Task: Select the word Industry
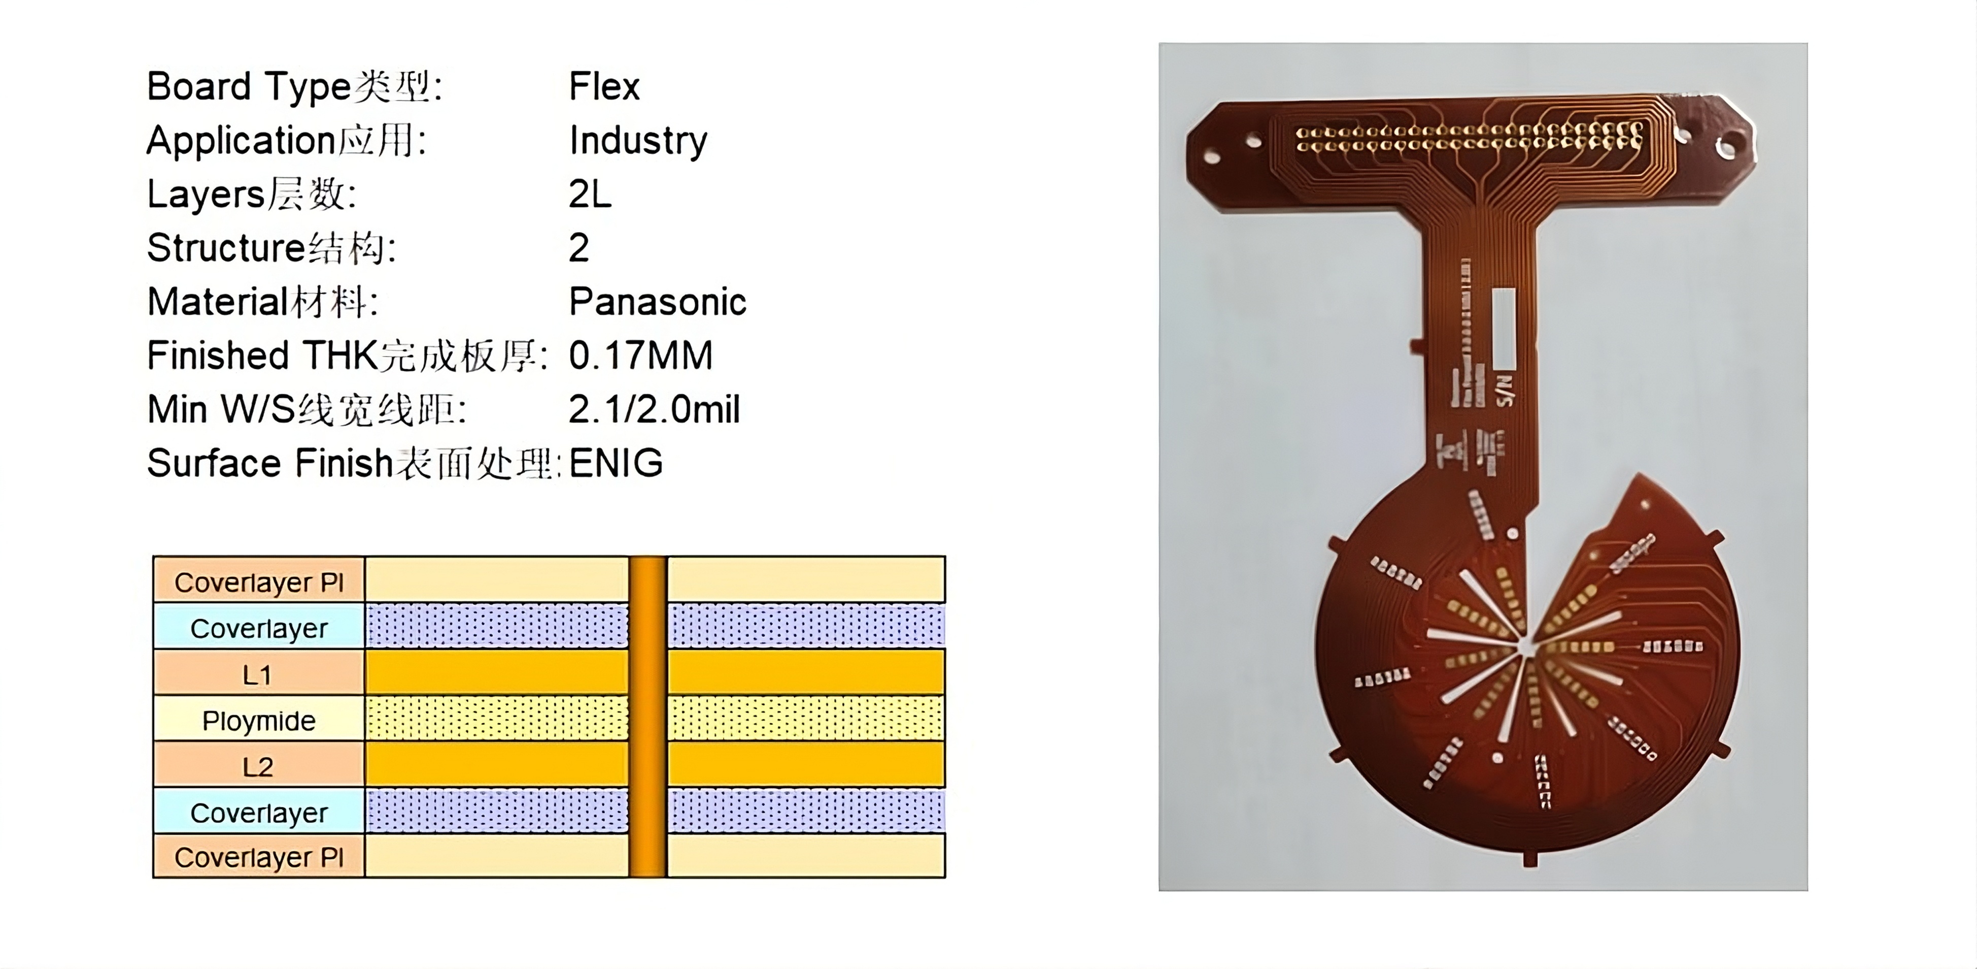[x=638, y=141]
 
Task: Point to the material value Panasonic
[x=657, y=302]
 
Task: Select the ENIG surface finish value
[x=616, y=463]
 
